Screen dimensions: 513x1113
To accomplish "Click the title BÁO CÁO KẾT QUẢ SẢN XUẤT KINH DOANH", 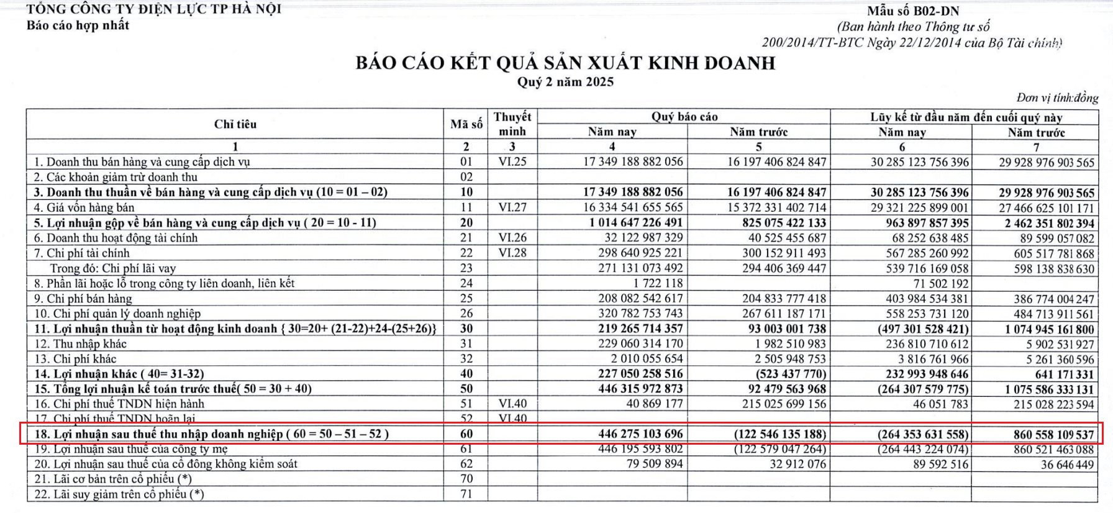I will point(565,63).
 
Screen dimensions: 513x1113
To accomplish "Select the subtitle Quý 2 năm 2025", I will point(565,82).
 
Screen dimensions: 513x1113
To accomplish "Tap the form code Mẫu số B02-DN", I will point(913,11).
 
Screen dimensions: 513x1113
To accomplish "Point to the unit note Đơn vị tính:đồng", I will point(1057,98).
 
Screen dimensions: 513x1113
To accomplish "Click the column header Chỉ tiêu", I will point(235,124).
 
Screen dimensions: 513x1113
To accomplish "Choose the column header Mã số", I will point(466,124).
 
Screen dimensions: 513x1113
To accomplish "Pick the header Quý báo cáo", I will point(684,117).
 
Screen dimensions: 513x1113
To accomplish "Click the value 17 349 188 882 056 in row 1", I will point(633,161).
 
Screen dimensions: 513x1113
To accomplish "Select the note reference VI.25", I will point(512,161).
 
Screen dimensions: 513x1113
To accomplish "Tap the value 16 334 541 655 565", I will point(633,207).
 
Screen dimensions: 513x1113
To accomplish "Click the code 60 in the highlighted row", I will point(466,434).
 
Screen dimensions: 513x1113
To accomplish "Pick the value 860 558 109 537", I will point(1053,434).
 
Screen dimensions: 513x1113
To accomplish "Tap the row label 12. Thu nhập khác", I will point(81,343).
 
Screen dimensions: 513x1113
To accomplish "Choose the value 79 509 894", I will point(646,464).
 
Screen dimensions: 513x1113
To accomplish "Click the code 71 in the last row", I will point(466,494).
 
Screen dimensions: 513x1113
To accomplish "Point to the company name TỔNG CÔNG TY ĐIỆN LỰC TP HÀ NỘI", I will point(154,9).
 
